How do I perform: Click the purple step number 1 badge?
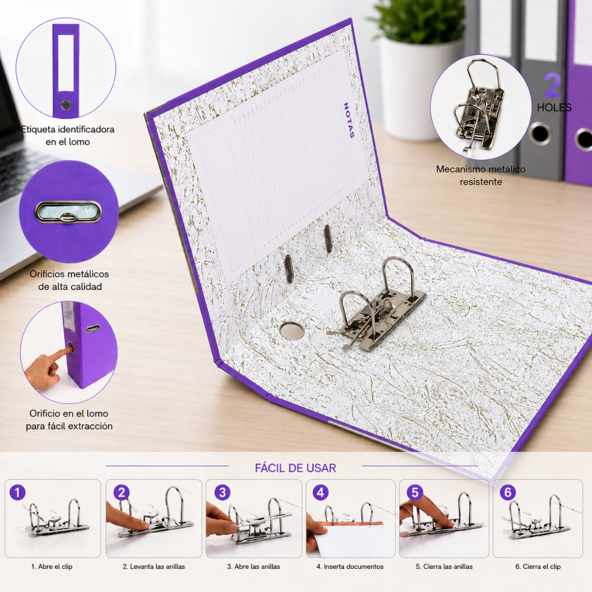click(18, 492)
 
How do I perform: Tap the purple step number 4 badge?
click(321, 492)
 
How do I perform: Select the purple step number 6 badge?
click(508, 492)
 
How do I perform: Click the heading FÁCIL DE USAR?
click(295, 468)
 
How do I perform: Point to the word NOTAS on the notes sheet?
click(349, 120)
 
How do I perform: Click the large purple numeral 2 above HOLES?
click(553, 86)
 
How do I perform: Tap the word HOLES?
click(554, 107)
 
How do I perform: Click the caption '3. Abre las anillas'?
click(253, 566)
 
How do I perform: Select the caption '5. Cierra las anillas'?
click(444, 566)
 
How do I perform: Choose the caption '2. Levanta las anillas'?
click(153, 566)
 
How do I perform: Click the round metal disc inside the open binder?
click(292, 331)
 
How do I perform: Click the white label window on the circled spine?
click(66, 62)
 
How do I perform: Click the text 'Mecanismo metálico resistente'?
click(481, 175)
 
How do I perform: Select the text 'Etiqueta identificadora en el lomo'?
click(68, 135)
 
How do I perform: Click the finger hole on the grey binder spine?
click(540, 133)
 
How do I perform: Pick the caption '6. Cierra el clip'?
click(538, 566)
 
